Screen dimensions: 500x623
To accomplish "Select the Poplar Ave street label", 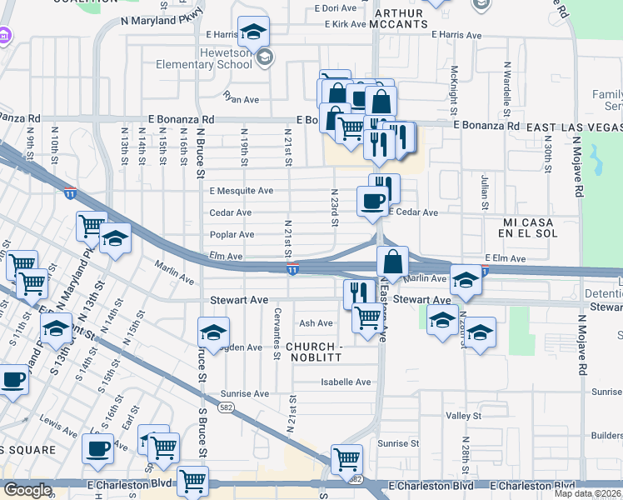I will coord(232,235).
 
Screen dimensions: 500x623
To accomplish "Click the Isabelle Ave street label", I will coord(346,382).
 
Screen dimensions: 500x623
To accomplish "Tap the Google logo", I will coord(27,490).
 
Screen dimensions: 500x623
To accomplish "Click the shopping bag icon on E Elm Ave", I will coord(392,259).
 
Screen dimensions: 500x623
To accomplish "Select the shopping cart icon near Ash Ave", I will coord(367,317).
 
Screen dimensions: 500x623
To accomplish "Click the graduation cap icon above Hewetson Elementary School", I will coord(253,32).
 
